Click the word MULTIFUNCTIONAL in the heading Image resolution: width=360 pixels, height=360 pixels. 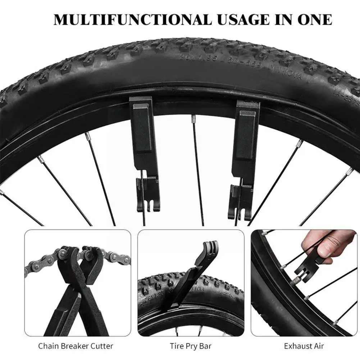tap(133, 19)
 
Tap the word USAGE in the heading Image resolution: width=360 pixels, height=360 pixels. tap(245, 19)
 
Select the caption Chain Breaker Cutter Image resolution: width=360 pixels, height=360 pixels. tap(76, 346)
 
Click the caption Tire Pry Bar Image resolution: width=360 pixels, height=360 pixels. tap(191, 346)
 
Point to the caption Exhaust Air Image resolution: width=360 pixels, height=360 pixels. tap(304, 346)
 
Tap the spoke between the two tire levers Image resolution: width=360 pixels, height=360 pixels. tap(197, 165)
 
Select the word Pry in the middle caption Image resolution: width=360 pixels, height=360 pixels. tap(191, 346)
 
